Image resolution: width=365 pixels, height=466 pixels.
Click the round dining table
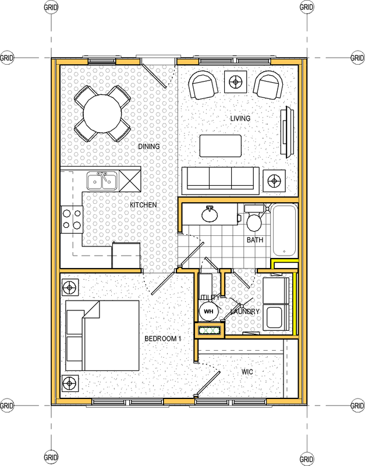102,114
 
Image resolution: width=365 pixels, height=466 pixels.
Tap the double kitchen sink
102,181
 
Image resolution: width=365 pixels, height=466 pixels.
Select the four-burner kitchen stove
72,220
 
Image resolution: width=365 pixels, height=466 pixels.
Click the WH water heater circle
208,312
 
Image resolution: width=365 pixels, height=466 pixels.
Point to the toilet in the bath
254,218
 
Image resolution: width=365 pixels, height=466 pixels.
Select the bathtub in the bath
284,230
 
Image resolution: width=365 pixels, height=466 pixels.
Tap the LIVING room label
240,118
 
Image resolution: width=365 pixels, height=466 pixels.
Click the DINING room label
149,146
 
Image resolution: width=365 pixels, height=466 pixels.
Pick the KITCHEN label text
143,205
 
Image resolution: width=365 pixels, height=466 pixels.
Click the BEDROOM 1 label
163,338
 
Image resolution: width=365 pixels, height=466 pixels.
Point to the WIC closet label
247,372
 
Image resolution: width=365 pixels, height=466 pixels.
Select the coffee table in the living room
221,146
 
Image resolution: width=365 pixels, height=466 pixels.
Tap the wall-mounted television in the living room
288,132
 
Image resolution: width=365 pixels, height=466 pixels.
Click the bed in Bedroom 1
102,336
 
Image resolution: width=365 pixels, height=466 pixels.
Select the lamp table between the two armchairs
236,82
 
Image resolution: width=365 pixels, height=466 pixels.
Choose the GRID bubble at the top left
51,7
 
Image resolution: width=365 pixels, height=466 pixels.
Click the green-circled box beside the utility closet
210,330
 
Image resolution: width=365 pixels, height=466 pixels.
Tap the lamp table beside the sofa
274,181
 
